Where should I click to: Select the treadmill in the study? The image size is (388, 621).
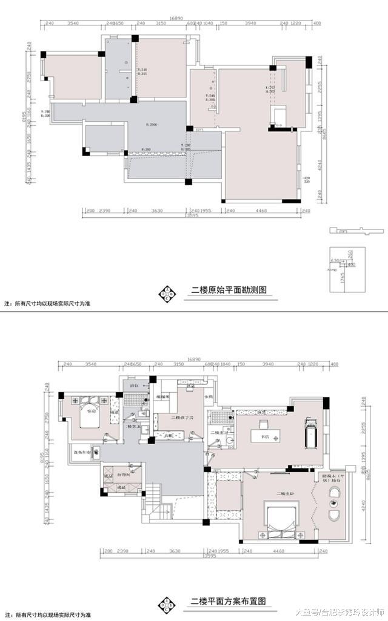(x=312, y=433)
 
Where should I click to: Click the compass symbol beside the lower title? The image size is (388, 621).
(x=166, y=603)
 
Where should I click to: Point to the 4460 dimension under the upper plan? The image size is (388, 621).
(x=261, y=211)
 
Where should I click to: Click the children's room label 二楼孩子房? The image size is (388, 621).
(x=182, y=418)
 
